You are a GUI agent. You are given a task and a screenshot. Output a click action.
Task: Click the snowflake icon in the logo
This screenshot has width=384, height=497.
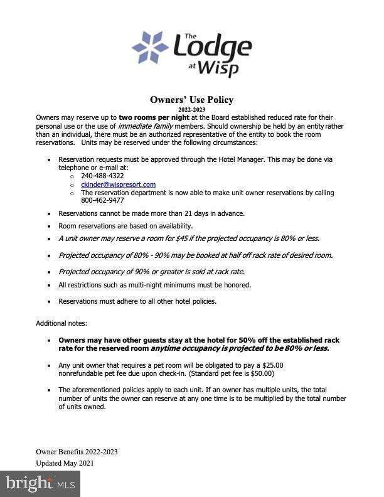150,48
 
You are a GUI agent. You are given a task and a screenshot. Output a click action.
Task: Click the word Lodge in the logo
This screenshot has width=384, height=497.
212,47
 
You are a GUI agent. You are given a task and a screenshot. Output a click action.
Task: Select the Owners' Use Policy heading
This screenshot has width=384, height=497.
191,100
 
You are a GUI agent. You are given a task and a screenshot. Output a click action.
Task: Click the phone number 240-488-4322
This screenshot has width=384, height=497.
102,176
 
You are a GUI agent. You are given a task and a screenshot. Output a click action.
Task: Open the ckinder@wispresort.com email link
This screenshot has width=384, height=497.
118,184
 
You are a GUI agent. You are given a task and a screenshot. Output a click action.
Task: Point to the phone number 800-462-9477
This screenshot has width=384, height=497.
102,201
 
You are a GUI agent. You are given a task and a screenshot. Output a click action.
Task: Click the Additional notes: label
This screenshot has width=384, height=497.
61,323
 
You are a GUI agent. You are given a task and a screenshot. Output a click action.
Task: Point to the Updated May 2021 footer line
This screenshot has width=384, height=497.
65,463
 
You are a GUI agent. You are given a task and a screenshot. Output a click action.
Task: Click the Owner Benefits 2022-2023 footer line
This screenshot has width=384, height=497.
77,452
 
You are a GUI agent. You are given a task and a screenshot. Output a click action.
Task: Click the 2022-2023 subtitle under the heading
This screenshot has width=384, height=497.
191,110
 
